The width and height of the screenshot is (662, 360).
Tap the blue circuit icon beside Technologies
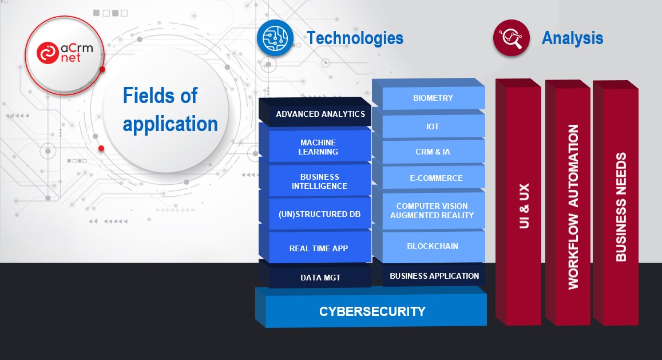tap(275, 38)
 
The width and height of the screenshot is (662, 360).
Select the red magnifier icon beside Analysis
tap(512, 38)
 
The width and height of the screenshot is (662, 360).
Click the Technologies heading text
tap(355, 38)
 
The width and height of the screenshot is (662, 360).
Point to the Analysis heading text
tap(572, 38)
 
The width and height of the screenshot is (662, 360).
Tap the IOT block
tap(429, 125)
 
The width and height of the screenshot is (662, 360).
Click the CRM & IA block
tap(429, 151)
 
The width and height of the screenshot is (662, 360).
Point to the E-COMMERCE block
tap(429, 177)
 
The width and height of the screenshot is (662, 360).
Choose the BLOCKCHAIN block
tap(429, 245)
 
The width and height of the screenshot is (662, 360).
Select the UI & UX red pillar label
tap(524, 206)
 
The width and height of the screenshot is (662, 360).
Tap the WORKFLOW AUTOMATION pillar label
tap(573, 207)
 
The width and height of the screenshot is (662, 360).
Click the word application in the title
tap(170, 124)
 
